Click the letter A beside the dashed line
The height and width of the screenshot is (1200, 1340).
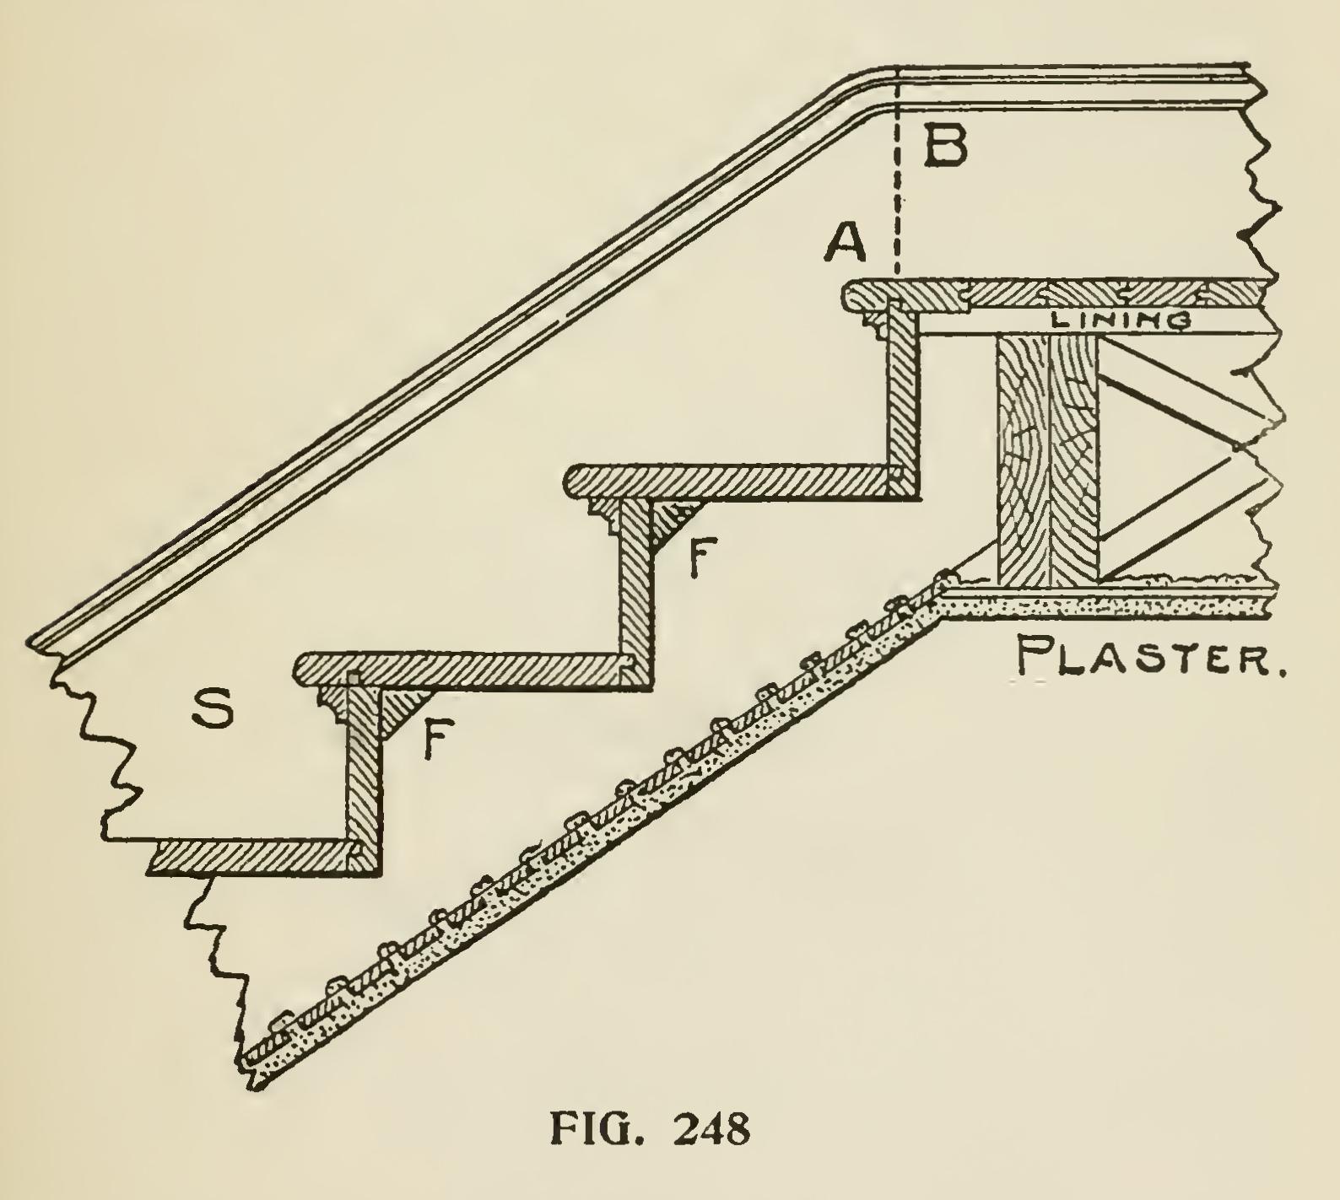[846, 244]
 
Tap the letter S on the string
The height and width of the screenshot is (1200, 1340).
[210, 709]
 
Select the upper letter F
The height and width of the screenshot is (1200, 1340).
[698, 557]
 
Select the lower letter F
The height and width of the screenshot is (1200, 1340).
[434, 739]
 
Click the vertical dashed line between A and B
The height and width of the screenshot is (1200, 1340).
[898, 194]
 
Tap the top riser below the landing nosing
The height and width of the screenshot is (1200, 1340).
[906, 396]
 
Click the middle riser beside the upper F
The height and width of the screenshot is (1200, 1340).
[635, 582]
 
